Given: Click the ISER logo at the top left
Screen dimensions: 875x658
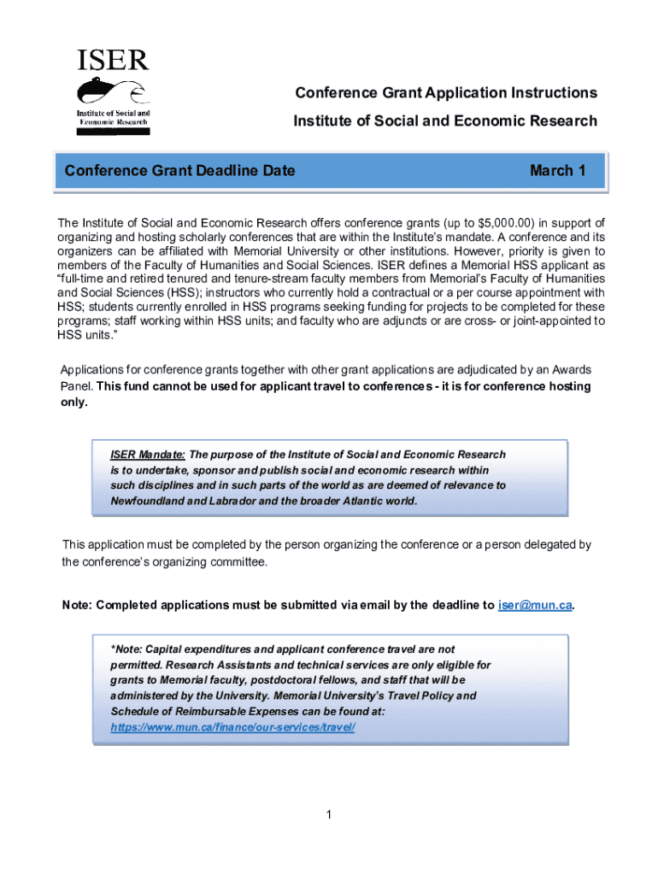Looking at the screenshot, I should (x=113, y=91).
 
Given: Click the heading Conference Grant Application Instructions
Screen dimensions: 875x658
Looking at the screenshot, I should (x=445, y=92).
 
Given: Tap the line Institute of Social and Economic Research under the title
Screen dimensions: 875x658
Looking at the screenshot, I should (x=445, y=120).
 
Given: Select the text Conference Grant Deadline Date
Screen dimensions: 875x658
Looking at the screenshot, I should (x=179, y=170).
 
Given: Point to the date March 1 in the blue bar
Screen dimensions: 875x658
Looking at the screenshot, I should (x=557, y=170).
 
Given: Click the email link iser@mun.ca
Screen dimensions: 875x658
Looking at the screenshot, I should (x=534, y=605).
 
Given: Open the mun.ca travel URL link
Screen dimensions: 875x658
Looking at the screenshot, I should (x=232, y=726).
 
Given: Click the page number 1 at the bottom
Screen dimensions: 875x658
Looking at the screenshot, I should (x=328, y=814).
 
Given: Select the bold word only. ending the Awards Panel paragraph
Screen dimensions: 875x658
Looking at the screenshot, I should (x=73, y=402).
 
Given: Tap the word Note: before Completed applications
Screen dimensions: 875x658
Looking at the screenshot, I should (x=77, y=605).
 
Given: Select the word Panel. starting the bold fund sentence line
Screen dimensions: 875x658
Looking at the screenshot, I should (x=76, y=386).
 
